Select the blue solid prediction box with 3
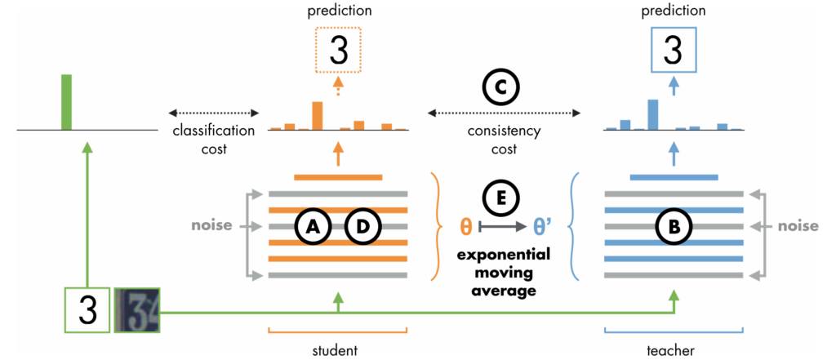click(x=673, y=50)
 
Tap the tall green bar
click(x=66, y=102)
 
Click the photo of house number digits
click(x=137, y=311)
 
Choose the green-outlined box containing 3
click(x=87, y=311)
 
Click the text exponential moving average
click(x=501, y=271)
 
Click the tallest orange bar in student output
click(x=318, y=115)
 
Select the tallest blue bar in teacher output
click(x=652, y=114)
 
